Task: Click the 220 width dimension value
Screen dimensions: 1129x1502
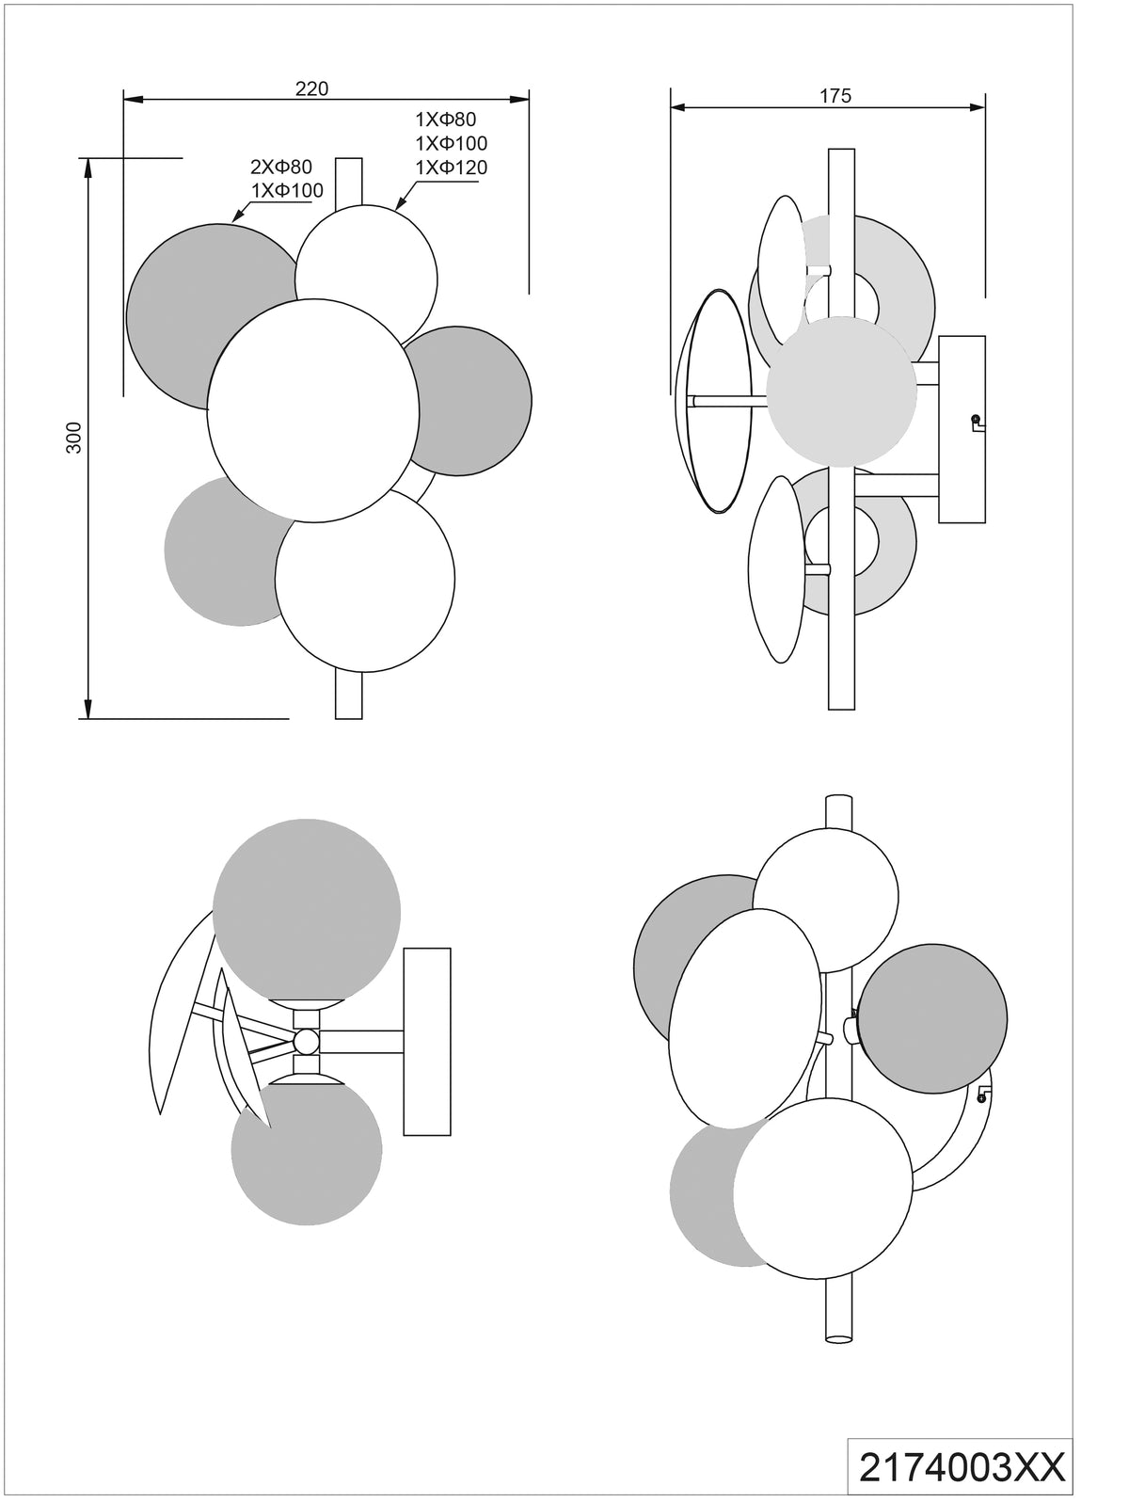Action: [311, 89]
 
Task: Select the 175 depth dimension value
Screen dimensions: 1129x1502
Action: [835, 96]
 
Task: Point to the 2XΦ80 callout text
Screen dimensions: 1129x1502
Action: [281, 167]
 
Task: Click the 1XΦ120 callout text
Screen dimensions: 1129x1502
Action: [452, 167]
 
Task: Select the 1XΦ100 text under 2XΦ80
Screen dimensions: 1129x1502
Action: [287, 190]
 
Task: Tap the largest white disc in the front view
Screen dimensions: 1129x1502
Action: [313, 410]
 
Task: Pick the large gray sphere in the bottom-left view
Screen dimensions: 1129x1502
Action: [307, 912]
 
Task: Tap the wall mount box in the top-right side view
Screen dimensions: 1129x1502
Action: [962, 430]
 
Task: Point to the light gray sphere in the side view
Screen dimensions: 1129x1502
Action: [841, 391]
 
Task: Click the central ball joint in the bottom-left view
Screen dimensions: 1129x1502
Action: [306, 1060]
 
